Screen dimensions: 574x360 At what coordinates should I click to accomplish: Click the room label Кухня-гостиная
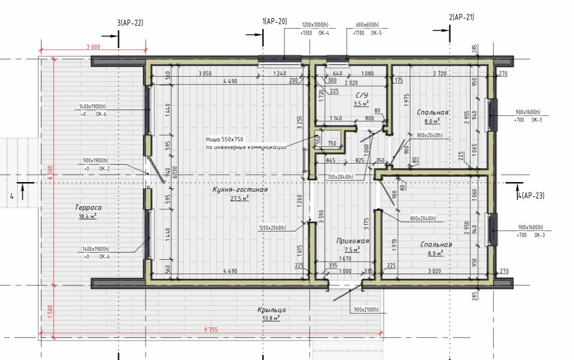click(240, 189)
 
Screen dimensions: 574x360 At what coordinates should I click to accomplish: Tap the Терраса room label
click(88, 207)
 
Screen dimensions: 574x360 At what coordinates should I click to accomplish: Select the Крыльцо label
click(271, 310)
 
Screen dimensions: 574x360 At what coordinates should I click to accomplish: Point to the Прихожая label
click(352, 241)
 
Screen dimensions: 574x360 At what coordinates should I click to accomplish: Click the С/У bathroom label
click(362, 95)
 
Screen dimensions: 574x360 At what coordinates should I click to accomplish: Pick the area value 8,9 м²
click(435, 253)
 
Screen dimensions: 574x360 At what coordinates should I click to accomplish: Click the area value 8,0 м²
click(432, 121)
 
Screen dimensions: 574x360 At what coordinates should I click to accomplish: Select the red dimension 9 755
click(211, 330)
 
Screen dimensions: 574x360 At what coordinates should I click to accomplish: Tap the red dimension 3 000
click(93, 46)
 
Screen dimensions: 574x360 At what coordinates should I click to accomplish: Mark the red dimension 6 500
click(50, 172)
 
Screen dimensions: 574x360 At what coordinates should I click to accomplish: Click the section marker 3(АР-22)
click(130, 23)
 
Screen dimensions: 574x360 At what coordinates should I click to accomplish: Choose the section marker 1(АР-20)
click(275, 21)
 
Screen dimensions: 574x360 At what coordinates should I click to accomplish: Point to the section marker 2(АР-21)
click(461, 17)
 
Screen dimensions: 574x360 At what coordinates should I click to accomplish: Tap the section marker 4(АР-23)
click(531, 195)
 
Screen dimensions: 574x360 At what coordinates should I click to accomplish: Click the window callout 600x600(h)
click(367, 25)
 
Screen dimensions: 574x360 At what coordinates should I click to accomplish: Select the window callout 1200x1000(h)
click(315, 25)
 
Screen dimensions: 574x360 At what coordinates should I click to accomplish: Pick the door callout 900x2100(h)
click(366, 310)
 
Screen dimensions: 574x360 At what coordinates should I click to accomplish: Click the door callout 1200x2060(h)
click(273, 227)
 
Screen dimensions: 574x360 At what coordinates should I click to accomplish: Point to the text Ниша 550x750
click(224, 139)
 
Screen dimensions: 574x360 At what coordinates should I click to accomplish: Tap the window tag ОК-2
click(104, 169)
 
